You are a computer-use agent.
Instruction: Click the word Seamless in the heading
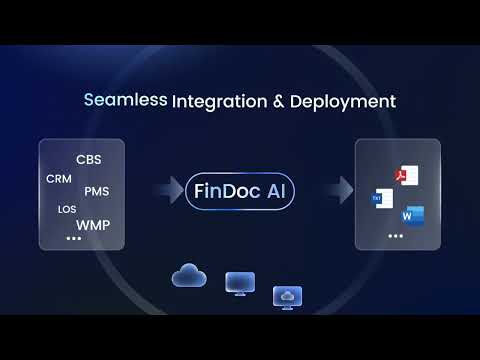tap(125, 101)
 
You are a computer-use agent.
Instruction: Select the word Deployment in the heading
tap(342, 101)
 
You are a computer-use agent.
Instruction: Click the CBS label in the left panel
tap(88, 160)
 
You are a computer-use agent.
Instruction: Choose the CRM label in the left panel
tap(58, 178)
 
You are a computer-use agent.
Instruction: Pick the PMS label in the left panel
tap(98, 191)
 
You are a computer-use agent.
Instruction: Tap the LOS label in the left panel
tap(67, 209)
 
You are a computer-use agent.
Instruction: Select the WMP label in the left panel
tap(93, 224)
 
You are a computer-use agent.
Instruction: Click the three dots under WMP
tap(73, 240)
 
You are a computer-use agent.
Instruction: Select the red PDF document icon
tap(406, 176)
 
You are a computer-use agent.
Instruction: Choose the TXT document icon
tap(381, 197)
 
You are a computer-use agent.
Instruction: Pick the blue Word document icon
tap(412, 215)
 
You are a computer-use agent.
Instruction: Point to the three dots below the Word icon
tap(395, 236)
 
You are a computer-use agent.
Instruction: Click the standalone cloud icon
tap(188, 274)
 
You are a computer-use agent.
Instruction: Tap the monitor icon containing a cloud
tap(288, 296)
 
